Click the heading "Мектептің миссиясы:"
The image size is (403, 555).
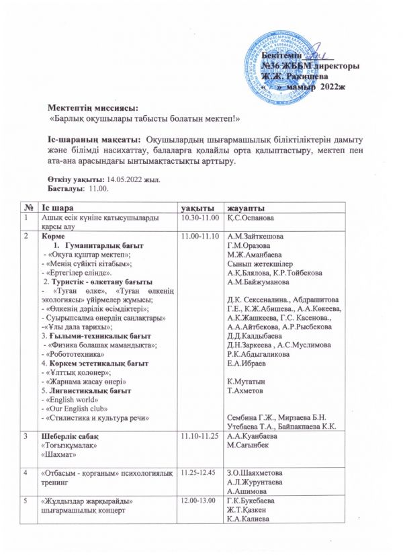pyautogui.click(x=91, y=108)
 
